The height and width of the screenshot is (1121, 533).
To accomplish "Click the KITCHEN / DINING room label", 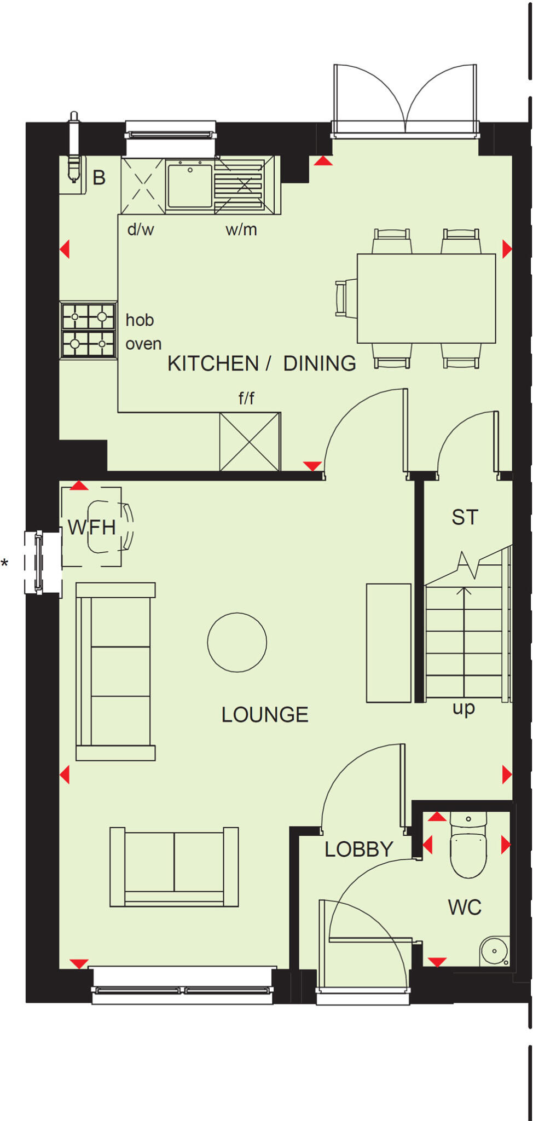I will coord(262,363).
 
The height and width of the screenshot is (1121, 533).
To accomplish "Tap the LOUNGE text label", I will coord(265,715).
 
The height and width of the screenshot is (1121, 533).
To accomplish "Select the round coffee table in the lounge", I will coord(237,642).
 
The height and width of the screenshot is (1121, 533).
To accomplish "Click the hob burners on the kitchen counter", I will coord(88,330).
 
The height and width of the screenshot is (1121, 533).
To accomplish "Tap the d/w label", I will coord(141,229).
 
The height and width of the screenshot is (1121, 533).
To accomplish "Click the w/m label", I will coord(241,229).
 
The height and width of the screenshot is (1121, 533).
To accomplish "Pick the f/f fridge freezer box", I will coord(250,442).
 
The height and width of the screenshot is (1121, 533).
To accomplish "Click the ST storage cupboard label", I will coord(465,517).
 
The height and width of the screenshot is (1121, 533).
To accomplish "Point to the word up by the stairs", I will coord(464,708).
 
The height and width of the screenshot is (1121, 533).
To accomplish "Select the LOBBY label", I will coord(359,850).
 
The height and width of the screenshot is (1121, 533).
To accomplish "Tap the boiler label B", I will coord(99,178).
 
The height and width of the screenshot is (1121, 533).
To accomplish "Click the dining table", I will coord(426,298).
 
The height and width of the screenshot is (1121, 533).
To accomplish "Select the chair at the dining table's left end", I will coord(345,298).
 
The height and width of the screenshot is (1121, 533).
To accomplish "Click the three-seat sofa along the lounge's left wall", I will coord(115,672).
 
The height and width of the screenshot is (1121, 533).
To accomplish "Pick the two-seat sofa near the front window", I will coord(174,866).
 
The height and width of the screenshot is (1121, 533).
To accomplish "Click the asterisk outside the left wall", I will coord(5,563).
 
